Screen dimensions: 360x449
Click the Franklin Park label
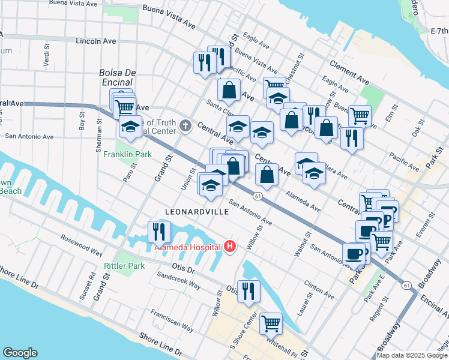(x=127, y=154)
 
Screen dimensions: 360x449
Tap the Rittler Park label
(x=124, y=266)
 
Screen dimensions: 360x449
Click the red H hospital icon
(x=229, y=247)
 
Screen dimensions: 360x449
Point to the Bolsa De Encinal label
(x=118, y=78)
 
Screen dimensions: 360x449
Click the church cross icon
(x=186, y=127)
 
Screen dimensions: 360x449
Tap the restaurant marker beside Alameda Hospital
(x=159, y=231)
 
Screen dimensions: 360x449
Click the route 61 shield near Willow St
(x=257, y=196)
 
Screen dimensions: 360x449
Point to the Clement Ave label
(x=349, y=70)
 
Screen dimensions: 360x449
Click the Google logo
(x=20, y=353)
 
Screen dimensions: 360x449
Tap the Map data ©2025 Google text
(x=411, y=355)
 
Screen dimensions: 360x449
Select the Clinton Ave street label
(x=319, y=287)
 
